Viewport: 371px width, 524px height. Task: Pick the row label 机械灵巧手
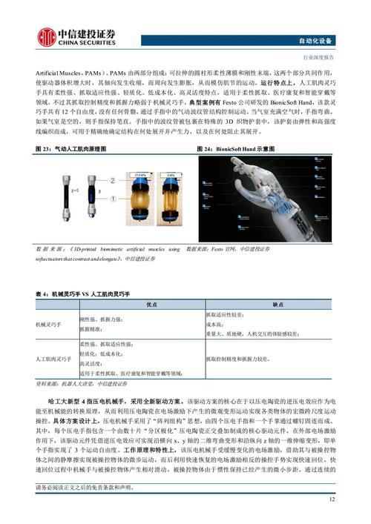tap(50, 325)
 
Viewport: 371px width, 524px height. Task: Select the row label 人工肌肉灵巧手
tap(53, 359)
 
